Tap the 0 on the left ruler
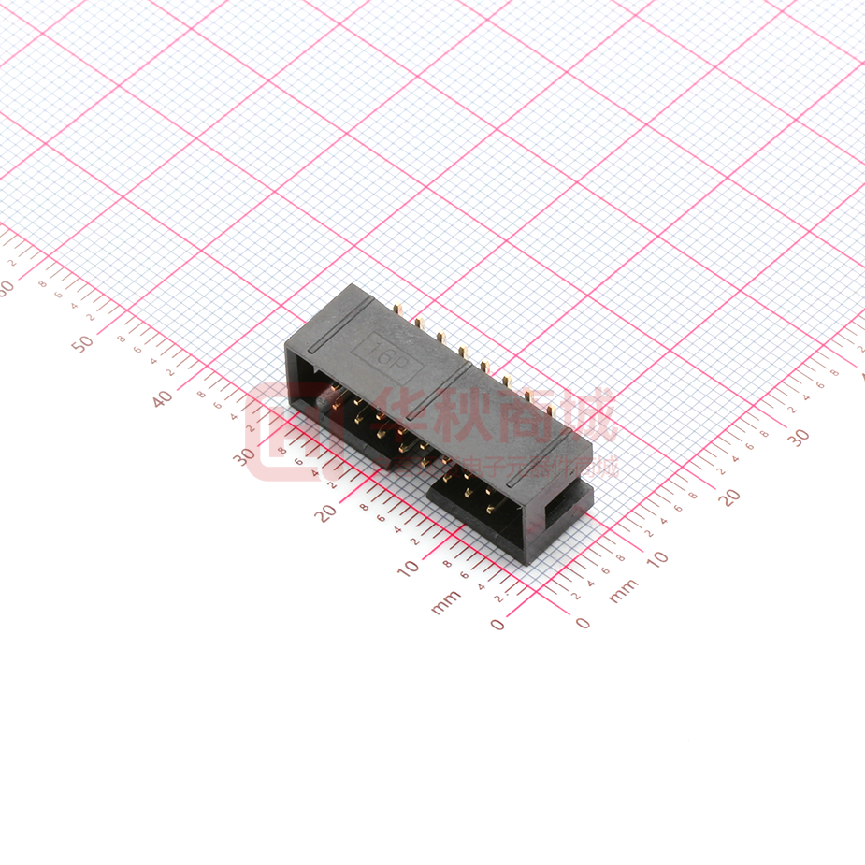(497, 624)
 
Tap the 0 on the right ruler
(583, 622)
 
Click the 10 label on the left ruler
(409, 568)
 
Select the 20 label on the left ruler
(326, 512)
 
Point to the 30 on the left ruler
(245, 456)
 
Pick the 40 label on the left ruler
(163, 398)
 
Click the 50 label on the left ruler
(83, 342)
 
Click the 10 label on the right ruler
(657, 558)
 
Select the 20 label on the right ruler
(728, 497)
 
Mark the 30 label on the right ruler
(798, 437)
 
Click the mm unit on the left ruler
(447, 602)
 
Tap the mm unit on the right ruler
(623, 590)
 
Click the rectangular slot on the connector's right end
(567, 505)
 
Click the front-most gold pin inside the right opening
(489, 512)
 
